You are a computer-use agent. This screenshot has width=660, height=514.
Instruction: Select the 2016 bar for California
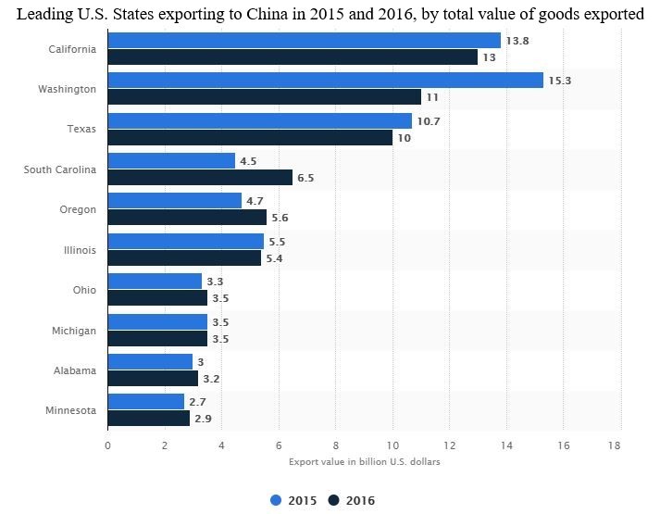pos(293,57)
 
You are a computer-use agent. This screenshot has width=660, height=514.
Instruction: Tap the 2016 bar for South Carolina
pos(200,178)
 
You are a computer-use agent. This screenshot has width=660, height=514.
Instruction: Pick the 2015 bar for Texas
pos(260,121)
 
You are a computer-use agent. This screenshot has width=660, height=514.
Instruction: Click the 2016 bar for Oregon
pos(187,218)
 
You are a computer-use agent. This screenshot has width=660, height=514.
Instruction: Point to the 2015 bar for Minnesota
pos(146,402)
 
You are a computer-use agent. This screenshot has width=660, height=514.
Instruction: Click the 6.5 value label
pos(305,178)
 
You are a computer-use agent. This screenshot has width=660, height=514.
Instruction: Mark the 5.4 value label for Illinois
pos(274,258)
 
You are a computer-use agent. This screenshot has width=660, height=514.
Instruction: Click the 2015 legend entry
pos(293,501)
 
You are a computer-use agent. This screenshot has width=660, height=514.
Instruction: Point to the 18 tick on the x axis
pos(613,445)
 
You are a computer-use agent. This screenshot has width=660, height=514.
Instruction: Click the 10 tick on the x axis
pos(392,445)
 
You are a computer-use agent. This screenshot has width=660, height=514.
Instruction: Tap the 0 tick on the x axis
pos(108,445)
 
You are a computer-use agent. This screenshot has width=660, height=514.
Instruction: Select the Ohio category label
pos(84,290)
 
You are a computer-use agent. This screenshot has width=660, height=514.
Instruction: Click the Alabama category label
pos(76,370)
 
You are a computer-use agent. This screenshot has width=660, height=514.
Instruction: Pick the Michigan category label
pos(74,330)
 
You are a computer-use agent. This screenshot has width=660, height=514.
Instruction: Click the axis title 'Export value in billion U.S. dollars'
pos(364,461)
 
